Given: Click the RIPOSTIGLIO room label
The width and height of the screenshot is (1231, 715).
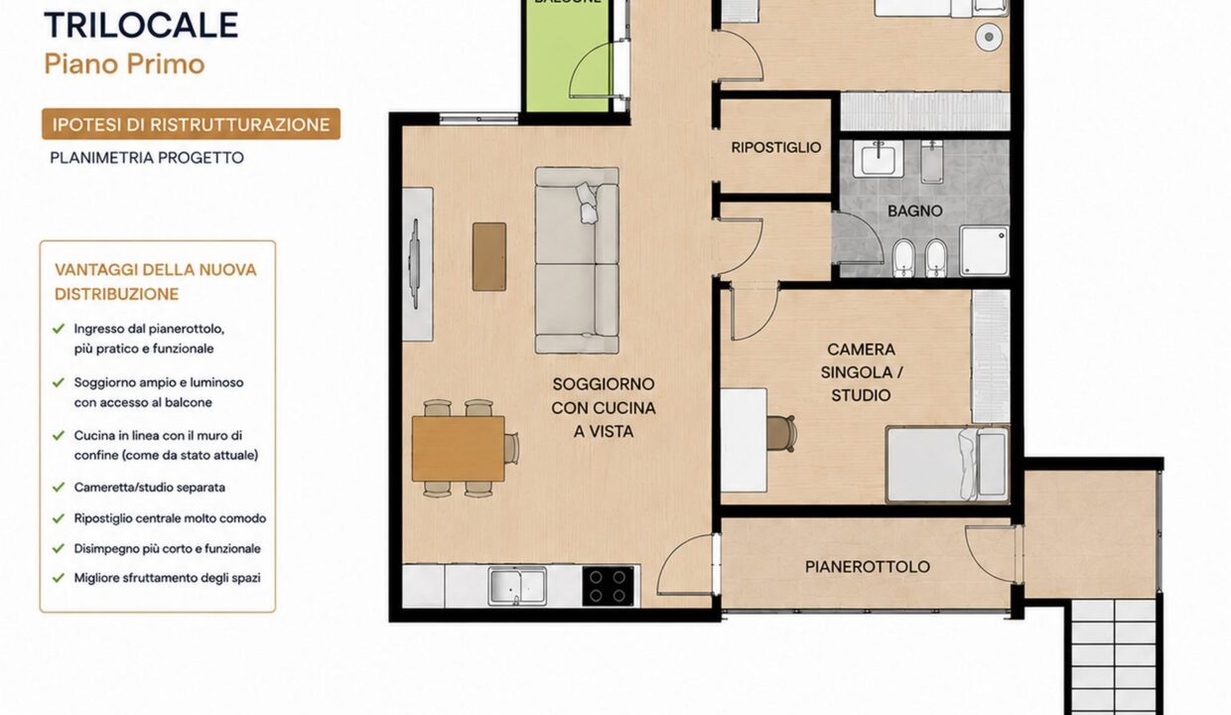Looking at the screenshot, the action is point(776,147).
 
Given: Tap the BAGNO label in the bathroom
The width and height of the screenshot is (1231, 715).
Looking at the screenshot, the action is point(915,211).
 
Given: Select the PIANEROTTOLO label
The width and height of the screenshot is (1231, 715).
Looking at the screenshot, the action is point(868,567).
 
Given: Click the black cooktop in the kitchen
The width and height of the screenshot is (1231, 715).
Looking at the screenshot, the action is point(608,586).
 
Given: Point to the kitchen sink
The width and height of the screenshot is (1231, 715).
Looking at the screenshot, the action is point(517,586).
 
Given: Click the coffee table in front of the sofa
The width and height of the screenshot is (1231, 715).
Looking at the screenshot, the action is point(489,256).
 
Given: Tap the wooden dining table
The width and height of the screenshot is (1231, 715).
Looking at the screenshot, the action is point(458,449).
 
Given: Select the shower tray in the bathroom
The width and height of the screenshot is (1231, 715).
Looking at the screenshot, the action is point(984,250).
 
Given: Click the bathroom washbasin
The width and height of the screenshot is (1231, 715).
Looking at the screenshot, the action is point(879,158).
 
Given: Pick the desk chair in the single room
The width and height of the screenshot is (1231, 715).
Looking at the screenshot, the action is point(781,434).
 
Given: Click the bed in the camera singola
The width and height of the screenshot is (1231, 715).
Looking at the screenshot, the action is point(947,465).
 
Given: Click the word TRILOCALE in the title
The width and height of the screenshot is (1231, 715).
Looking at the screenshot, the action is point(141,25).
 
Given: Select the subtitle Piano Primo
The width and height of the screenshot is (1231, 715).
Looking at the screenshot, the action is point(124,65).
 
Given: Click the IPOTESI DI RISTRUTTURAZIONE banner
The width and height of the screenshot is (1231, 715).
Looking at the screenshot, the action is point(191,124).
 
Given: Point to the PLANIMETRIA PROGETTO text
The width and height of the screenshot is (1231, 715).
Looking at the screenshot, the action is point(147,158).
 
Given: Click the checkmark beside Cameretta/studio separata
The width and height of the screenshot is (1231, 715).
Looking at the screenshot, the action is point(59,488).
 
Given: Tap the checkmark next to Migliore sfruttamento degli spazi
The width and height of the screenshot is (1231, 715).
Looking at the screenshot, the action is point(59,578).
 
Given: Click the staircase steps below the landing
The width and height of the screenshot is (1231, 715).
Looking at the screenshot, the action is point(1114,656).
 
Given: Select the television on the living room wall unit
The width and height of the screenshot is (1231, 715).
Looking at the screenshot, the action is point(415,264).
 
